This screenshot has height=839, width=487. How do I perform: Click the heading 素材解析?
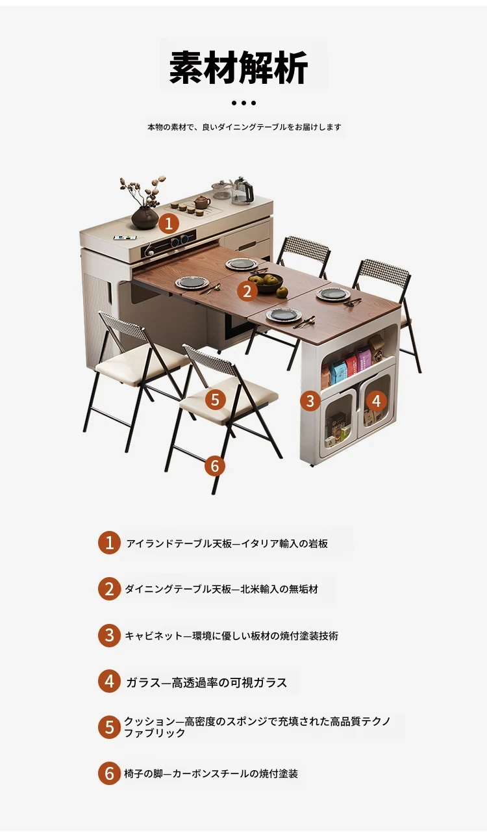coord(238,67)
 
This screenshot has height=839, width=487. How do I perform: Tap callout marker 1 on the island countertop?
coord(169,224)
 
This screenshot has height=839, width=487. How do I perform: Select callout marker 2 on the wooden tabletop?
coord(247,291)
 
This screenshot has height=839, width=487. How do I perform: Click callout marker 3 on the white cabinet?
coord(310,401)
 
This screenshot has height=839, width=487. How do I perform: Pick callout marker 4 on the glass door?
coord(376,401)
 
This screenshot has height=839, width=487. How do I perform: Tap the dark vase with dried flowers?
coord(145,218)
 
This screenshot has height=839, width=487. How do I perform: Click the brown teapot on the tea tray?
coord(201,203)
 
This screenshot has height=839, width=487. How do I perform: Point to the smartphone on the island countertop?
coord(123,237)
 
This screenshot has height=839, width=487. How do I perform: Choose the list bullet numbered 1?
coord(109,543)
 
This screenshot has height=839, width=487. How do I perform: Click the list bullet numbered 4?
coord(109,682)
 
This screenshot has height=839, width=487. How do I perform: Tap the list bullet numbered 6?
coord(109,773)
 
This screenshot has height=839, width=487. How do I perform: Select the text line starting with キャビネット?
coord(231,636)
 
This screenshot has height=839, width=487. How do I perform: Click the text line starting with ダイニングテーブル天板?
coord(221,589)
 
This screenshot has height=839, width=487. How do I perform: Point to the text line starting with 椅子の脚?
coord(211,773)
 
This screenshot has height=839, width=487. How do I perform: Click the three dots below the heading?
coord(243,103)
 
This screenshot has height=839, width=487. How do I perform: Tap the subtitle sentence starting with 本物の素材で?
coord(244,127)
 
